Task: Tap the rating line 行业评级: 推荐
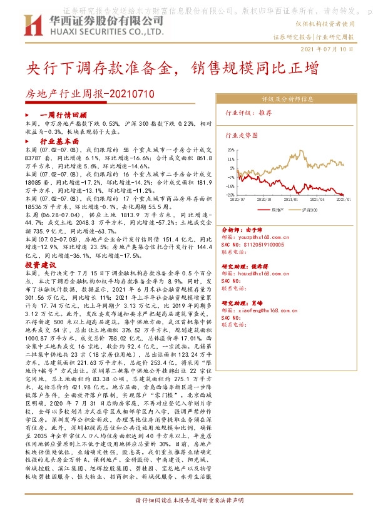[x=248, y=113]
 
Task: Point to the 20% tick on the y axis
[x=232, y=150]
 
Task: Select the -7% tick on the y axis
[x=232, y=177]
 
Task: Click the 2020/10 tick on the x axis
[x=273, y=200]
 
